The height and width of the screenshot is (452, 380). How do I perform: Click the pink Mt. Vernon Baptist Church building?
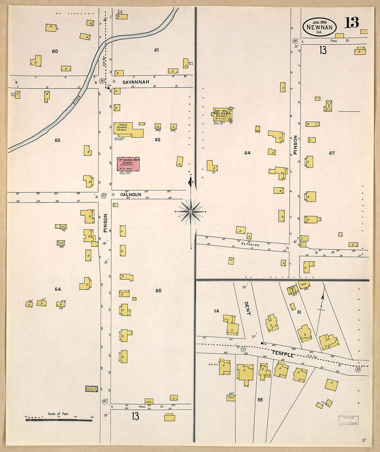[x=129, y=164]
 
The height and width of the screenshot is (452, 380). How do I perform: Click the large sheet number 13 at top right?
[x=351, y=23]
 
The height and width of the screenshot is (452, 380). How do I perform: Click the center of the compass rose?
[x=191, y=211]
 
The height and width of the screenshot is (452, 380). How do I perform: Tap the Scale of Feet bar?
[x=59, y=420]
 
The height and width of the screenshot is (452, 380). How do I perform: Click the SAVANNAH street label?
[x=136, y=82]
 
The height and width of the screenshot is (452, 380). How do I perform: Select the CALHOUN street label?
[x=131, y=195]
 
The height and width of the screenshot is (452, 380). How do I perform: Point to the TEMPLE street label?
[x=283, y=354]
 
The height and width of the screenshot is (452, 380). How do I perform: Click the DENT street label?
[x=247, y=308]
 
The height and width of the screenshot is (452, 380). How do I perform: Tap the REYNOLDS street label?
[x=250, y=244]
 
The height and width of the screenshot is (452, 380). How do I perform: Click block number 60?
[x=55, y=51]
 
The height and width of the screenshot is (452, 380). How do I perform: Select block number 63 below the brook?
[x=57, y=140]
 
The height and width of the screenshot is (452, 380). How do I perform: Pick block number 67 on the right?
[x=332, y=153]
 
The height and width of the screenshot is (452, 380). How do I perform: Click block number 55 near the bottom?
[x=260, y=400]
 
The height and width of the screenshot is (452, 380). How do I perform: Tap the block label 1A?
[x=216, y=311]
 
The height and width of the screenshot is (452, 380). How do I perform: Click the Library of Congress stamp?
[x=348, y=420]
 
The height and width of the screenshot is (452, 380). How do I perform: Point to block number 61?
[x=156, y=50]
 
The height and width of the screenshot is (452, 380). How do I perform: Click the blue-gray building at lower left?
[x=92, y=389]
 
